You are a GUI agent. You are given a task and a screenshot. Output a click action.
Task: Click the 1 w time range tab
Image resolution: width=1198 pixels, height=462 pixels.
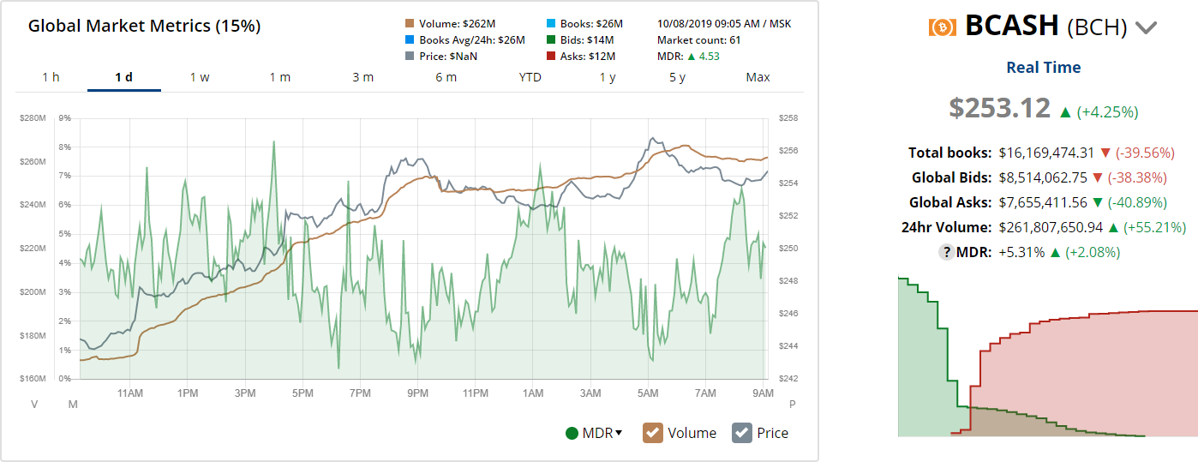click(x=200, y=77)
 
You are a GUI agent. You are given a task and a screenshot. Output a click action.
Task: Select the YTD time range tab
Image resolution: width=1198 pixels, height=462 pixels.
click(x=530, y=77)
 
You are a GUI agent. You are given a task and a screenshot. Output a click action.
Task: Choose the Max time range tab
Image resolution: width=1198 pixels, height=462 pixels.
click(x=758, y=77)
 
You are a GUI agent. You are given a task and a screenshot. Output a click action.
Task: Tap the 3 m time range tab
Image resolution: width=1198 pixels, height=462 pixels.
click(x=362, y=77)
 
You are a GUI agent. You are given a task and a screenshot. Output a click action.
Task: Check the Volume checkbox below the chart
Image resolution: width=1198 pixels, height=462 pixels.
click(x=654, y=433)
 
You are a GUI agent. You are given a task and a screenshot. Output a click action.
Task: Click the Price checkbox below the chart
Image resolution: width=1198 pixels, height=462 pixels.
click(x=742, y=433)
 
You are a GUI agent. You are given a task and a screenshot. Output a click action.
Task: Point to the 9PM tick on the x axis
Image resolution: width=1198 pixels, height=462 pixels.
click(x=417, y=393)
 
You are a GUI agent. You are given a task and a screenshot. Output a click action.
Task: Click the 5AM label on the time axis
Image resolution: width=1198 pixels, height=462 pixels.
click(x=648, y=393)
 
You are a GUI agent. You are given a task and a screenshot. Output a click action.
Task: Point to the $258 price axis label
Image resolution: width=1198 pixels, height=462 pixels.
click(x=788, y=118)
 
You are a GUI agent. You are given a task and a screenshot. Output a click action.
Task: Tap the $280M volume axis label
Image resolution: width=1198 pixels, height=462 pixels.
click(x=33, y=118)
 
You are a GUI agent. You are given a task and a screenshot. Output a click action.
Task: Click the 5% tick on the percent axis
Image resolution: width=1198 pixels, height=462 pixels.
click(x=64, y=234)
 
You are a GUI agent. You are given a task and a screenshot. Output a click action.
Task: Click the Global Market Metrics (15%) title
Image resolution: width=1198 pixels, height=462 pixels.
click(x=144, y=26)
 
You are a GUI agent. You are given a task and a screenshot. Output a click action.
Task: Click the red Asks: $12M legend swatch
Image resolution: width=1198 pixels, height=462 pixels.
click(x=551, y=57)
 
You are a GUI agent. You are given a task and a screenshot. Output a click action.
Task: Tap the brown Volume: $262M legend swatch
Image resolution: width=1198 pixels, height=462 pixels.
click(x=410, y=23)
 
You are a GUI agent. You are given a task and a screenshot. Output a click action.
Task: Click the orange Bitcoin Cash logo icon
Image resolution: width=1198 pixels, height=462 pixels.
click(x=942, y=27)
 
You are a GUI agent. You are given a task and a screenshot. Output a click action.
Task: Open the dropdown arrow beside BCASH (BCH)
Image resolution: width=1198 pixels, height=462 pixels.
click(x=1147, y=27)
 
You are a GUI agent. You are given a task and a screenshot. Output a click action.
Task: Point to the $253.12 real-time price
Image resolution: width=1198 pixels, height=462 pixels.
click(x=999, y=108)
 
